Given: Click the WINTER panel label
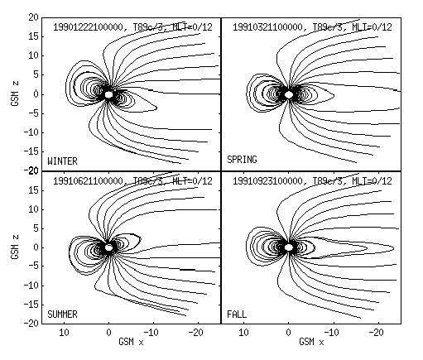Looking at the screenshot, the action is [x=62, y=161].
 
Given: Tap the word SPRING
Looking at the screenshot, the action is [x=242, y=160].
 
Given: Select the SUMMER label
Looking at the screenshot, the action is [x=62, y=314].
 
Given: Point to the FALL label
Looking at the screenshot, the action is [x=237, y=314].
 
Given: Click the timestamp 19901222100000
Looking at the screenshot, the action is [x=88, y=27].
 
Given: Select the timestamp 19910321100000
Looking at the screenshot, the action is [x=267, y=27].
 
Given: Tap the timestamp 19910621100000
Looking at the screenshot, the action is [x=88, y=181].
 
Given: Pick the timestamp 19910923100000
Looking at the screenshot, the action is [x=267, y=181].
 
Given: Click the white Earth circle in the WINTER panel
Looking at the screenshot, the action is [x=108, y=94].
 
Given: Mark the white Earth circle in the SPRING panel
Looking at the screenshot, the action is [x=289, y=94].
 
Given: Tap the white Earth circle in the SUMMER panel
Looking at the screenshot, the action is [x=108, y=247].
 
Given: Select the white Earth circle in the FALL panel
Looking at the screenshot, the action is [x=289, y=247].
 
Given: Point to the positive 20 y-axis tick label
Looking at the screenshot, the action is [x=33, y=17].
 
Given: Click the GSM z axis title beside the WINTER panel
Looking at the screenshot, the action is [x=15, y=94].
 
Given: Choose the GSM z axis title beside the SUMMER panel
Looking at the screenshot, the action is [x=15, y=247].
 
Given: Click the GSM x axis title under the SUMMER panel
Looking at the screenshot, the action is [x=131, y=342].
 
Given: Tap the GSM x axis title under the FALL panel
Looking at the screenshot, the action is [x=311, y=342].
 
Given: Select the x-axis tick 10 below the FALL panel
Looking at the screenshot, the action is [x=243, y=333].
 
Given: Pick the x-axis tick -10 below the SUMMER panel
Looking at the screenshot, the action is [x=151, y=333].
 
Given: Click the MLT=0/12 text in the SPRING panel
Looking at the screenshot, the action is [x=372, y=27].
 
